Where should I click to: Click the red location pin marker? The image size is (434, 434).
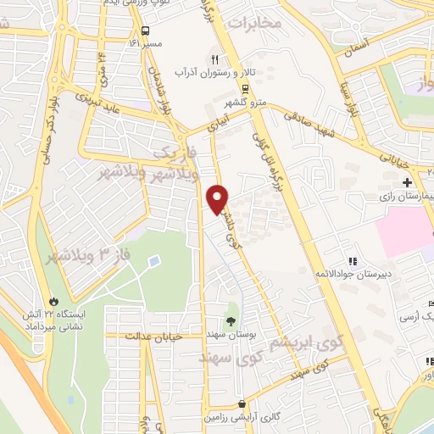[x=218, y=198]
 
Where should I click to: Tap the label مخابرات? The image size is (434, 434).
[x=254, y=22]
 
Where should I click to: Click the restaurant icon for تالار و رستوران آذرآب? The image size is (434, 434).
[x=214, y=59]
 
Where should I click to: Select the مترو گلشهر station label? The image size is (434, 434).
[x=245, y=103]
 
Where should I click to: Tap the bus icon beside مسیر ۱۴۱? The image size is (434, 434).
[x=133, y=41]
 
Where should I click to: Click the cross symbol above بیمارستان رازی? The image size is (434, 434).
[x=407, y=182]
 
